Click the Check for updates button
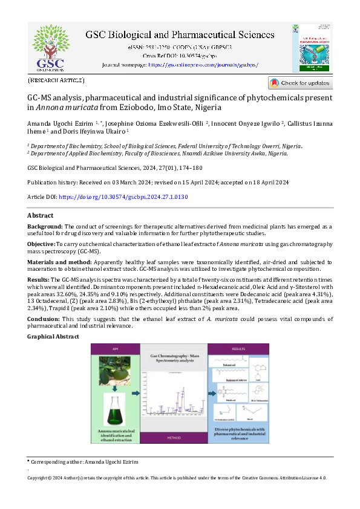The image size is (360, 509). [300, 83]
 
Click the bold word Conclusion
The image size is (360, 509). [44, 319]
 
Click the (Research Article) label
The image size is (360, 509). [56, 80]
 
